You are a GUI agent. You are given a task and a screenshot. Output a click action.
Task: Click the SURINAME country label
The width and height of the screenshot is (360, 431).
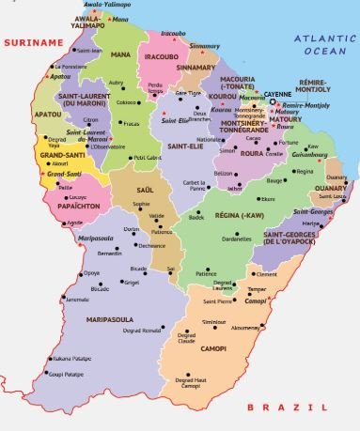[28, 42]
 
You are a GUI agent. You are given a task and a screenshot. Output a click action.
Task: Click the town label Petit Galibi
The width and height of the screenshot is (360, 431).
[146, 158]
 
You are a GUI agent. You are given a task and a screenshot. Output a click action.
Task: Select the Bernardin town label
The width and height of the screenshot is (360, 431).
[110, 254]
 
